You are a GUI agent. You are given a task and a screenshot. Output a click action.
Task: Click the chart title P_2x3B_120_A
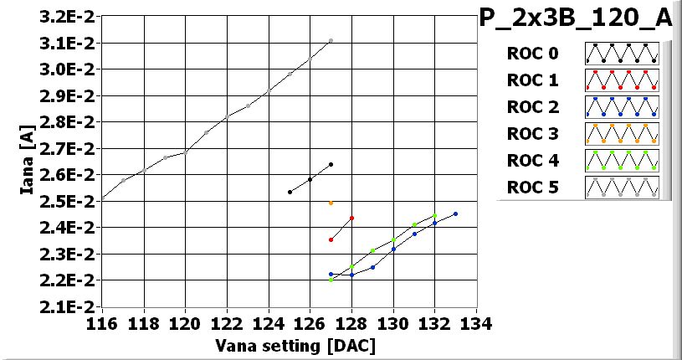(x=577, y=18)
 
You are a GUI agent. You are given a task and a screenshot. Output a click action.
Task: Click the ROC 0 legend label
(x=532, y=54)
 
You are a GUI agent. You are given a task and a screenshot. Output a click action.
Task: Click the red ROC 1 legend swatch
(x=622, y=80)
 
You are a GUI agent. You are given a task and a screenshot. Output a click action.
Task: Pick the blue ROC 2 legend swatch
(x=622, y=107)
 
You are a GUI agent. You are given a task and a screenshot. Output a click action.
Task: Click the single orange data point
(x=331, y=203)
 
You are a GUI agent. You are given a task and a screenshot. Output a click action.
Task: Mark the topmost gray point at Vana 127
(x=331, y=40)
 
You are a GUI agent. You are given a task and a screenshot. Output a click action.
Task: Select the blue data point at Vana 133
(x=455, y=213)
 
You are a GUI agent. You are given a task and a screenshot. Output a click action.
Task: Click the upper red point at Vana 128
(x=351, y=219)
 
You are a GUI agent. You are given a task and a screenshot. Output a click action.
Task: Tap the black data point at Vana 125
(x=290, y=192)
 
